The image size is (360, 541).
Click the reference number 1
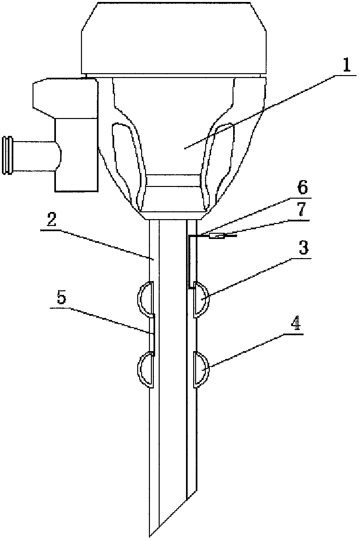(347, 66)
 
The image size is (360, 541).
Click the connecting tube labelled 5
(153, 335)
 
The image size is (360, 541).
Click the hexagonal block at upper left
(65, 96)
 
